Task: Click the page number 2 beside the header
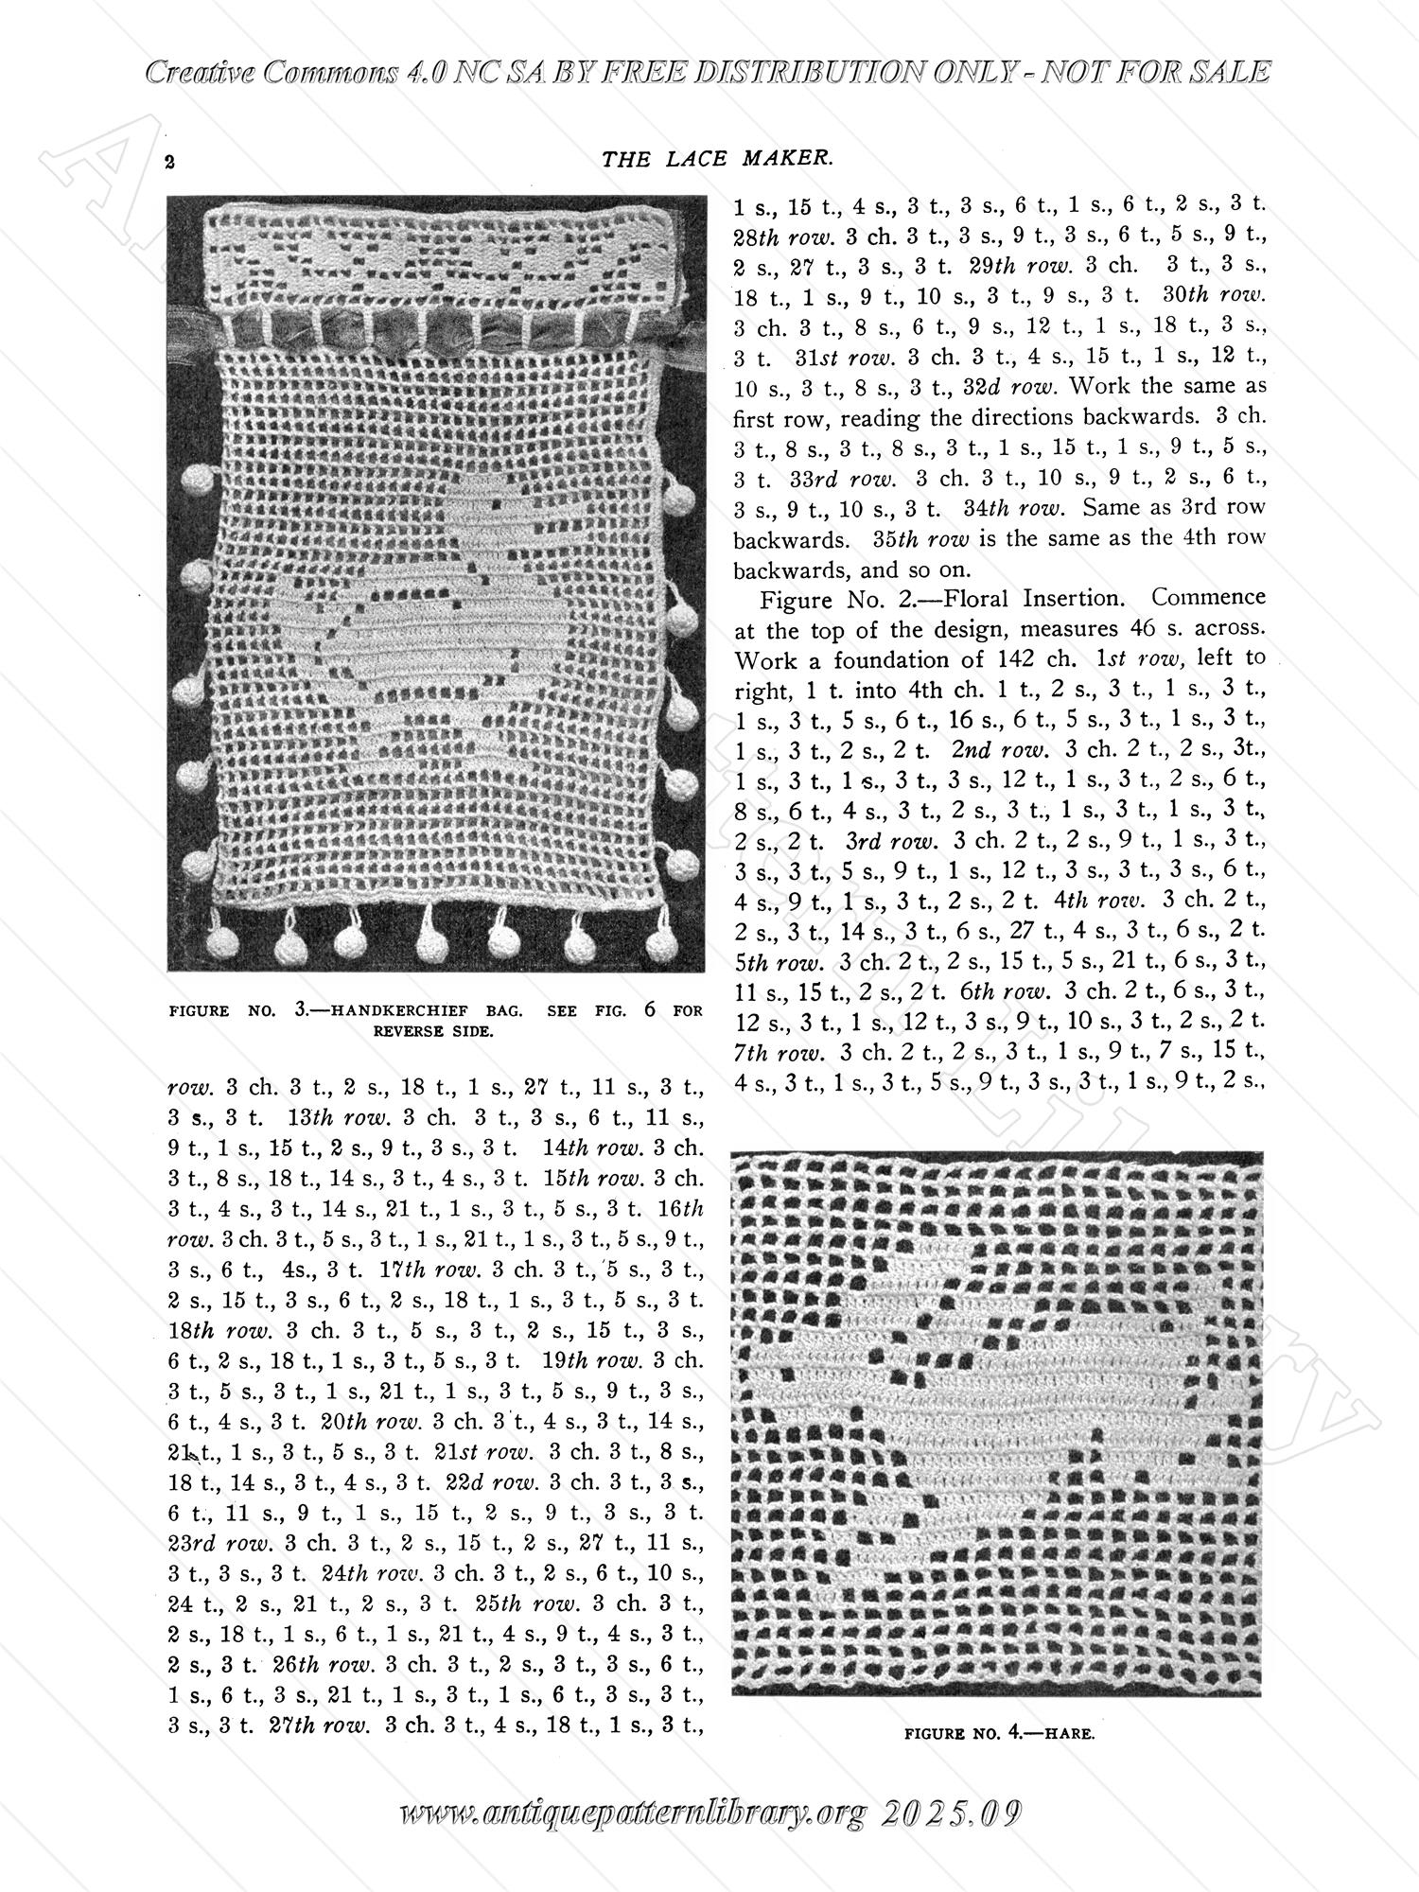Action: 170,161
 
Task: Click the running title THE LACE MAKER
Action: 717,160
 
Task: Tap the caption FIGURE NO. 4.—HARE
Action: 999,1734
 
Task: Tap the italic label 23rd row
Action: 219,1542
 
